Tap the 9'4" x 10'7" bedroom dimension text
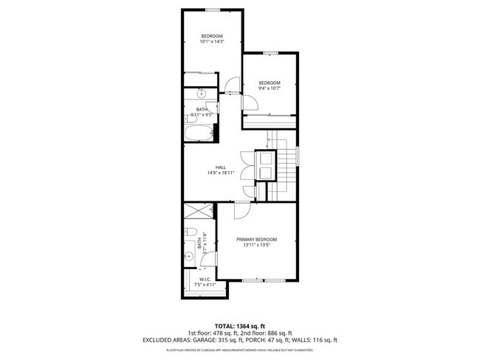[x=269, y=89]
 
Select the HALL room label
[x=220, y=167]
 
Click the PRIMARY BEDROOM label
[x=256, y=240]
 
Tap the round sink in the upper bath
[x=202, y=94]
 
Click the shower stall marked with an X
[x=196, y=212]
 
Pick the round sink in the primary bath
[x=188, y=257]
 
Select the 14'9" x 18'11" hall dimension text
[x=220, y=173]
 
